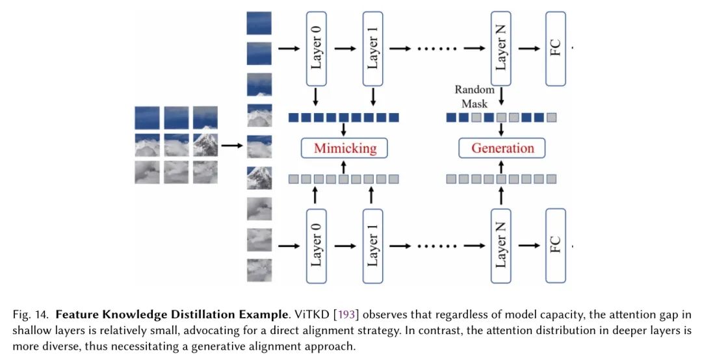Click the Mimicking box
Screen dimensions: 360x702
click(344, 148)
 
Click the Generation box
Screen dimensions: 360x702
click(502, 148)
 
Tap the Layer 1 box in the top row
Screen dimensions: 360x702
click(372, 48)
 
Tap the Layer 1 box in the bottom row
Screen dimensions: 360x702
click(372, 246)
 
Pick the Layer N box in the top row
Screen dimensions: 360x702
click(500, 48)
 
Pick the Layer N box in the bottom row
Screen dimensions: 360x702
click(500, 246)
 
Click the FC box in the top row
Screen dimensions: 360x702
click(555, 48)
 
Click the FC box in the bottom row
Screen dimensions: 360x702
click(555, 246)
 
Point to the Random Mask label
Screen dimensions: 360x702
click(474, 96)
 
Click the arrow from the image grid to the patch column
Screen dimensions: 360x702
click(231, 146)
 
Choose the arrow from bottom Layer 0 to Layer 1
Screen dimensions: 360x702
click(345, 246)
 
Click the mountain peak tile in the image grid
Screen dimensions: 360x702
click(205, 144)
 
